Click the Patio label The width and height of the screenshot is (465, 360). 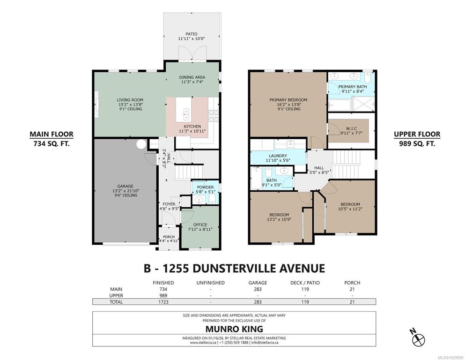click(192, 36)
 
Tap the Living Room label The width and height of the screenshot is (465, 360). click(130, 105)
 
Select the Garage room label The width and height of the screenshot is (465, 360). click(125, 190)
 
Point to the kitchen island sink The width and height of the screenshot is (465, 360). click(186, 114)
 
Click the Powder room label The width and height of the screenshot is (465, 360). click(205, 189)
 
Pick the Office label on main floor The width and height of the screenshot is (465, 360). click(200, 227)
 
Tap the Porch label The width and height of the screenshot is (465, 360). click(169, 239)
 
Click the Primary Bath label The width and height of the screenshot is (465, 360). click(353, 89)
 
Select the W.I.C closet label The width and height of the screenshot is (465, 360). click(351, 131)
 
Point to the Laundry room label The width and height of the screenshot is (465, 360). click(278, 158)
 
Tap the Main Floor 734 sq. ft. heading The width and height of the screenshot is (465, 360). click(52, 139)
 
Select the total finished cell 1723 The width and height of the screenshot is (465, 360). click(163, 302)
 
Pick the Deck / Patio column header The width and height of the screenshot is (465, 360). click(305, 283)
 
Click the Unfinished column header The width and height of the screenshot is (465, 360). click(211, 283)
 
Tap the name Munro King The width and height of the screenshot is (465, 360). click(234, 329)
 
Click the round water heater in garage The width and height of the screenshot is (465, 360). click(141, 144)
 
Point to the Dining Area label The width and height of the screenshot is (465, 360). click(192, 80)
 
